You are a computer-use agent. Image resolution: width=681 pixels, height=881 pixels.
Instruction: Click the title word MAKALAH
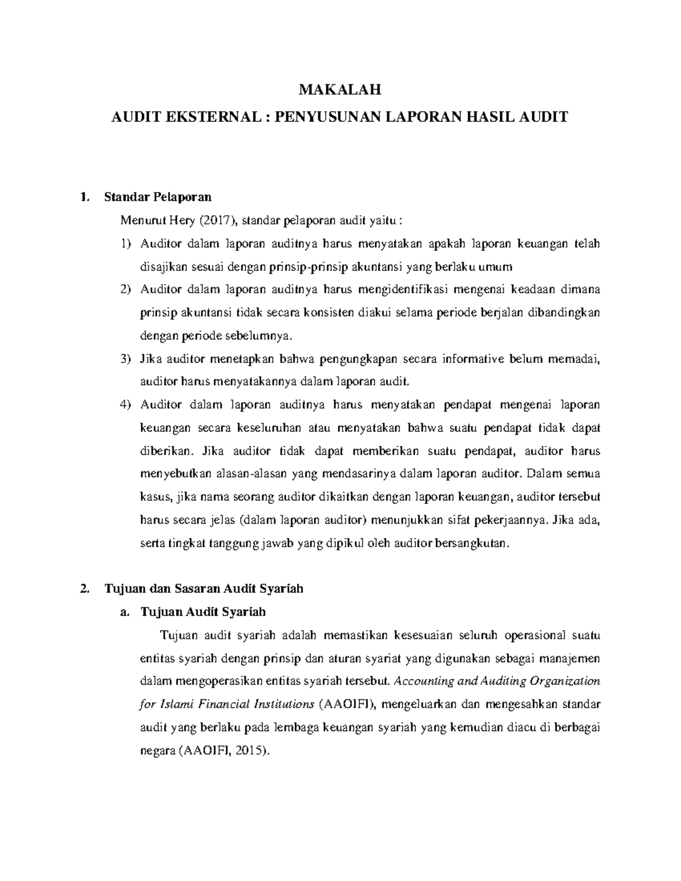[340, 89]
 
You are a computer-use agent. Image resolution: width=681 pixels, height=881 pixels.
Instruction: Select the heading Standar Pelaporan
[158, 197]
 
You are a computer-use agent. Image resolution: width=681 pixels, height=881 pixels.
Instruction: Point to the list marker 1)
[125, 244]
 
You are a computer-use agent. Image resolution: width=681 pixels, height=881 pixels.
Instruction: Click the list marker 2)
[125, 290]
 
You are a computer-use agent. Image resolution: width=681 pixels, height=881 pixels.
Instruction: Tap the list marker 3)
[125, 359]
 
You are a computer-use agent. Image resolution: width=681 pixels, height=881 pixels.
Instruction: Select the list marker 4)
[125, 405]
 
